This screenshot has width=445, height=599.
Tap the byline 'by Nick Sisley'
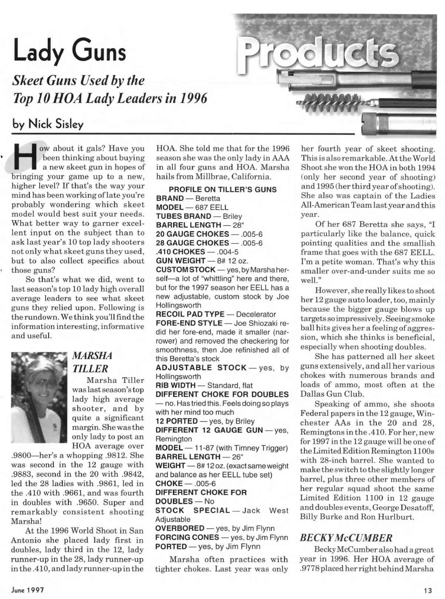click(x=48, y=124)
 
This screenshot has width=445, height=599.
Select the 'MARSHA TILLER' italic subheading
click(x=92, y=362)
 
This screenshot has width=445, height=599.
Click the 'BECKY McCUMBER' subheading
click(x=346, y=538)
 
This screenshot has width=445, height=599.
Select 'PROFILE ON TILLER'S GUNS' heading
click(x=222, y=189)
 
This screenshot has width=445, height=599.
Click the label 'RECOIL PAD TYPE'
click(x=190, y=314)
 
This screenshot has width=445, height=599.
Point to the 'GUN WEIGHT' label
click(x=181, y=261)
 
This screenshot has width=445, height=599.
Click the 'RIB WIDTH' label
click(x=176, y=385)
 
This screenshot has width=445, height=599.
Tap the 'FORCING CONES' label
click(x=187, y=537)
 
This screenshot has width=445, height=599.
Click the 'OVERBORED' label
click(x=180, y=528)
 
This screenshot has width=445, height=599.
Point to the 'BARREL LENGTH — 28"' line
click(x=200, y=225)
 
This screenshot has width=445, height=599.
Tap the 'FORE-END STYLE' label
click(x=189, y=323)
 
